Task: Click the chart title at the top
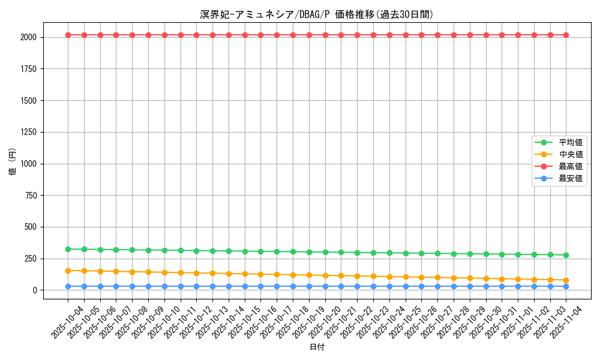[317, 14]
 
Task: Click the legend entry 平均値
[571, 142]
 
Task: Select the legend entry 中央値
[571, 154]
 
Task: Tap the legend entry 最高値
[571, 166]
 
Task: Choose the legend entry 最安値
[571, 178]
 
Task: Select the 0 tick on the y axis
[34, 290]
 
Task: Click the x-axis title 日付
[317, 347]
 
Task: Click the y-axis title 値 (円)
[12, 162]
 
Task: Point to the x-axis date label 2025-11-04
[566, 321]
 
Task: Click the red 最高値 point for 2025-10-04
[68, 35]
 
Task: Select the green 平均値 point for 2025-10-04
[68, 249]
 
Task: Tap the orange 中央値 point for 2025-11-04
[566, 280]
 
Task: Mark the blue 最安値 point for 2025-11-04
[566, 286]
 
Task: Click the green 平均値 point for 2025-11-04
[566, 255]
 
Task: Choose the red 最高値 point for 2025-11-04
[566, 35]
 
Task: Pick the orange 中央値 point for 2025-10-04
[68, 271]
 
